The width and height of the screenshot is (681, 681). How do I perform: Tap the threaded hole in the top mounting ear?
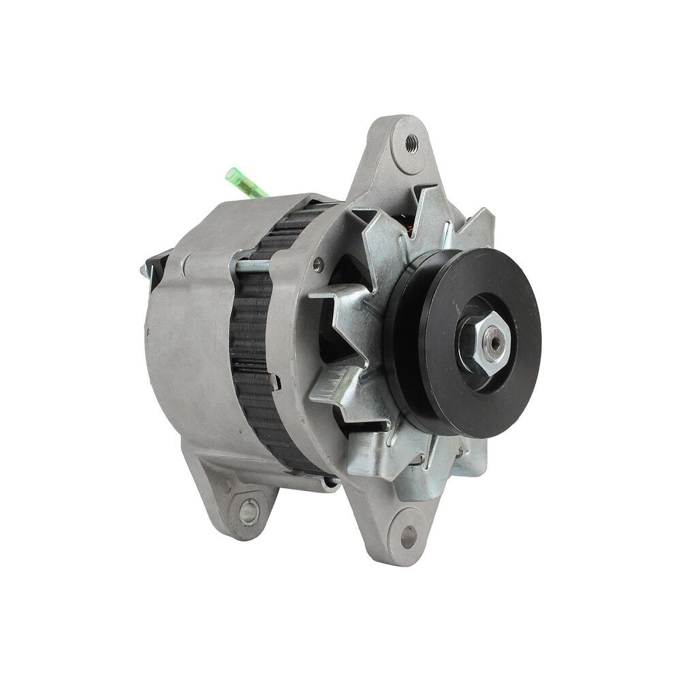click(x=411, y=144)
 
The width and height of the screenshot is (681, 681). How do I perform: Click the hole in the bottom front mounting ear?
click(x=409, y=537)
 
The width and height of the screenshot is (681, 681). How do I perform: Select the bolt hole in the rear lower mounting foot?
click(x=249, y=511)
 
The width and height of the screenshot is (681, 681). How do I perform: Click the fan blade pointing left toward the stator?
click(x=334, y=300)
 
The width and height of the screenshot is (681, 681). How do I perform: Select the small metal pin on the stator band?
click(x=274, y=382)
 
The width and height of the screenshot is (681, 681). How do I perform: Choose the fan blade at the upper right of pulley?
click(x=477, y=228)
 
